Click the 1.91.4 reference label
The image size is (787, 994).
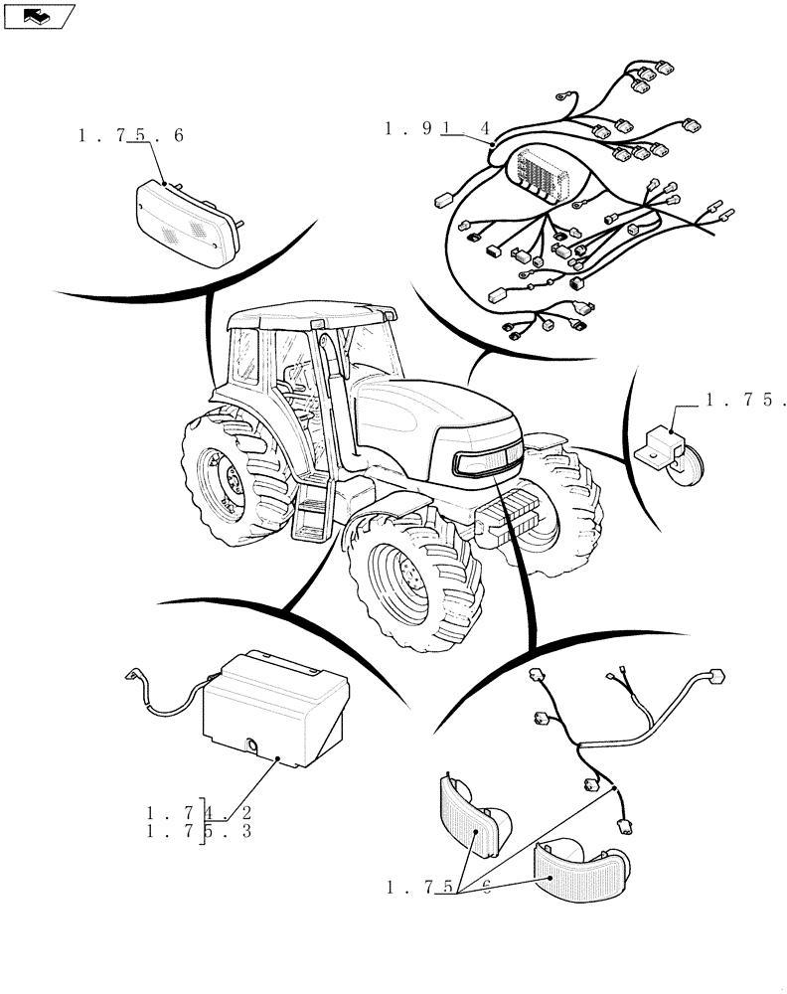coord(438,128)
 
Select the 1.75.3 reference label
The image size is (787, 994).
coord(198,830)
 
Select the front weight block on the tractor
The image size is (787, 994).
coord(513,518)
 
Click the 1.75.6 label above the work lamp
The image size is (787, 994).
coord(130,136)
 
